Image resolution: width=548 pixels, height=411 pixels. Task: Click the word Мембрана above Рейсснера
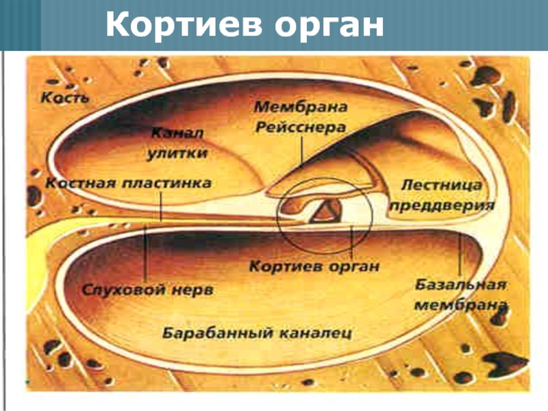point(301,108)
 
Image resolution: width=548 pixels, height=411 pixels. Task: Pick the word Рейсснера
point(301,127)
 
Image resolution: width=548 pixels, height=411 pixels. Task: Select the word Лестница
point(441,185)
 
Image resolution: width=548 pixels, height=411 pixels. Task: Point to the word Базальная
point(460,284)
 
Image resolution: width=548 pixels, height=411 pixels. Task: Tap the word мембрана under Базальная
point(460,303)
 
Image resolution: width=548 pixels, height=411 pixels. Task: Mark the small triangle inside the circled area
point(325,212)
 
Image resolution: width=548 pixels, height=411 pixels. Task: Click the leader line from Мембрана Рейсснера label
point(301,149)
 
